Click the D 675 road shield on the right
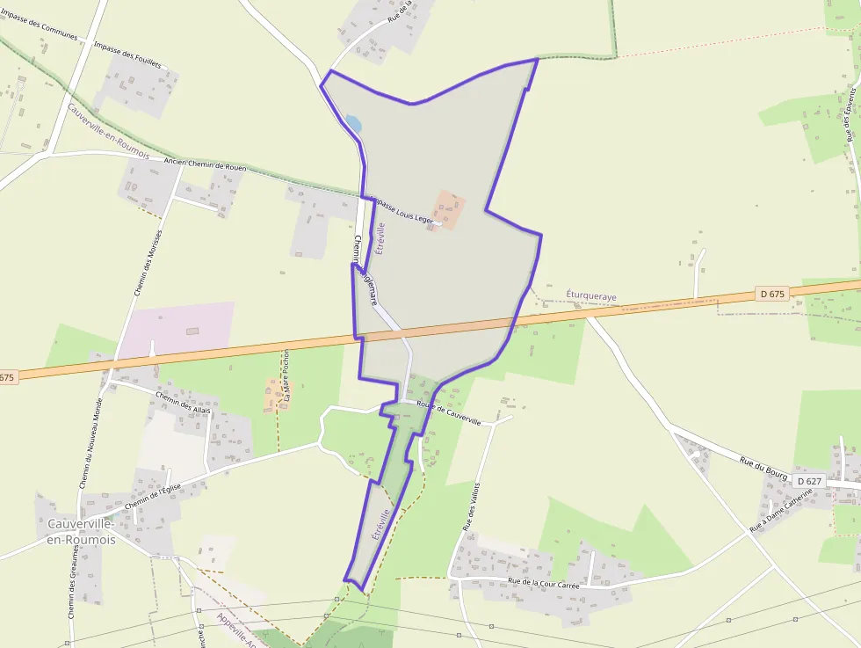(x=771, y=294)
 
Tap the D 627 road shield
(x=809, y=481)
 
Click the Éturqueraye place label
(x=591, y=297)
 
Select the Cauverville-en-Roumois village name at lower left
(x=76, y=532)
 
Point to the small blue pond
(x=353, y=124)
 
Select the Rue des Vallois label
(x=467, y=505)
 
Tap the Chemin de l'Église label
(x=153, y=496)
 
